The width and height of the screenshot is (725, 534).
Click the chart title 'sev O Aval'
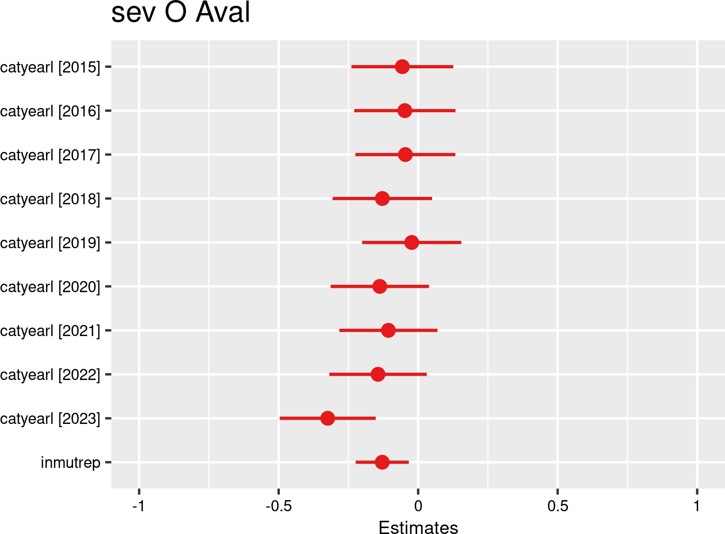[180, 13]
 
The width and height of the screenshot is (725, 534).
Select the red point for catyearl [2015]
[402, 67]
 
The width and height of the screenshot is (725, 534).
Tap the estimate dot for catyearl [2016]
[405, 111]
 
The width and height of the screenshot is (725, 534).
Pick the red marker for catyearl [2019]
[411, 242]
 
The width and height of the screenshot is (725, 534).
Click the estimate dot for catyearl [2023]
[328, 418]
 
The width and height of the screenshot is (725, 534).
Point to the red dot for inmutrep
[382, 462]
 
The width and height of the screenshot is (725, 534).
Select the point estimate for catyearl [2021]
[388, 330]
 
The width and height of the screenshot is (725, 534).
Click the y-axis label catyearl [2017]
[50, 155]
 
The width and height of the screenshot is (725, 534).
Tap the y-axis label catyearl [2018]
[50, 199]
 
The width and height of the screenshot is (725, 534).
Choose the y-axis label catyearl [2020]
[50, 287]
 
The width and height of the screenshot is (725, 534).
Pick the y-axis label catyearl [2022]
[50, 375]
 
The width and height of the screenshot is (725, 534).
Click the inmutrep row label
[70, 463]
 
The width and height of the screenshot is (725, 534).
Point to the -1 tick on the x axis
[139, 506]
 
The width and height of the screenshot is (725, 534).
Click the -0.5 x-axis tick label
[278, 506]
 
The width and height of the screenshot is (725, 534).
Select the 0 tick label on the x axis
[418, 506]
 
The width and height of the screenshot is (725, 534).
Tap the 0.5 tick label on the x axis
[557, 506]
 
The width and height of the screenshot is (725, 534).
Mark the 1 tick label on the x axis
[697, 506]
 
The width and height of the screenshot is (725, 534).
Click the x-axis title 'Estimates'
[418, 528]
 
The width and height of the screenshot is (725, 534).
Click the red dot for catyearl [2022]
[378, 374]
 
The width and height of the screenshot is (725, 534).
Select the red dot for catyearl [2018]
[382, 198]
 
